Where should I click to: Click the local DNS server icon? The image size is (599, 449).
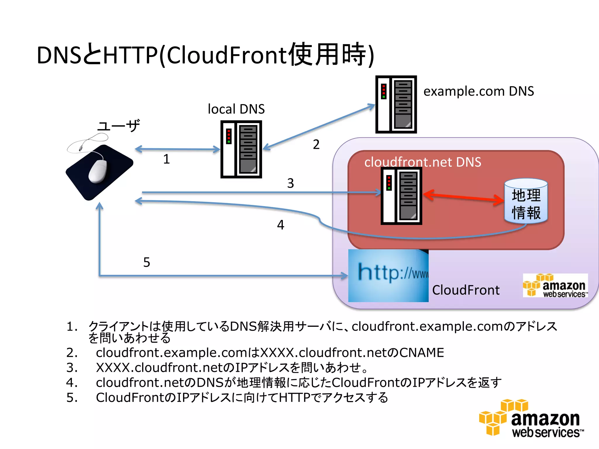point(241,149)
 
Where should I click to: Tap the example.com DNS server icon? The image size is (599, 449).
point(396,104)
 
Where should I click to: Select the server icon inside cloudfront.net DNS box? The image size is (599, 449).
point(401,196)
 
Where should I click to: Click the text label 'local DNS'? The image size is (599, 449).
point(236,109)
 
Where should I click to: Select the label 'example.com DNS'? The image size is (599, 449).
point(478,91)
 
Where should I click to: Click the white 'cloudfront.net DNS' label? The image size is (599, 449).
point(422,162)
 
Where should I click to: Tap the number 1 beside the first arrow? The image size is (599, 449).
point(166,159)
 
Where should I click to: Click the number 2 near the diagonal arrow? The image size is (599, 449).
point(316,144)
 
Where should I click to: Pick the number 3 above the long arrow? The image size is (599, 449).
point(290,183)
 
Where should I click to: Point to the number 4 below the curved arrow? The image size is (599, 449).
point(280,225)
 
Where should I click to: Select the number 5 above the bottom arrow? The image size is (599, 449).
point(147,262)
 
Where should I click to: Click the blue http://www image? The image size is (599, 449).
point(388,275)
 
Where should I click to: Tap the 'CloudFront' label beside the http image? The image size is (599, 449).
point(466,290)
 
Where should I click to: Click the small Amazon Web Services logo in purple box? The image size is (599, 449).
point(555,286)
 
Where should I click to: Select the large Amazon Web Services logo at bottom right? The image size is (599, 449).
point(531,419)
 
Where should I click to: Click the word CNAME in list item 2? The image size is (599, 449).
point(421,353)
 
